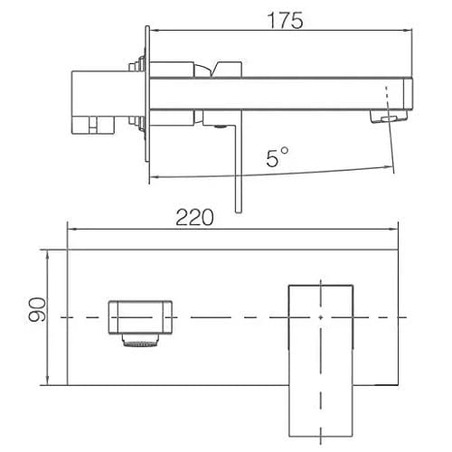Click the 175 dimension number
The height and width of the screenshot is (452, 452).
coord(285,21)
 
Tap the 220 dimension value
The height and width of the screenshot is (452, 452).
coord(194,217)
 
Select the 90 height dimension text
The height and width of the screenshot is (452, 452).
coord(37,309)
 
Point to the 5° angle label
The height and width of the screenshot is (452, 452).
coord(278,156)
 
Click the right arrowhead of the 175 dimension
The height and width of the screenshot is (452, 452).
coord(408,30)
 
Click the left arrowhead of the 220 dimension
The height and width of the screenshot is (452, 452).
coord(71,230)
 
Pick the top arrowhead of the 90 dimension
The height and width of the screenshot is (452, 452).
coord(47,255)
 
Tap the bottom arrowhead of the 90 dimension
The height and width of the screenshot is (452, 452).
coord(47,381)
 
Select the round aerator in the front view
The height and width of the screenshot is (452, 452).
coord(140,341)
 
